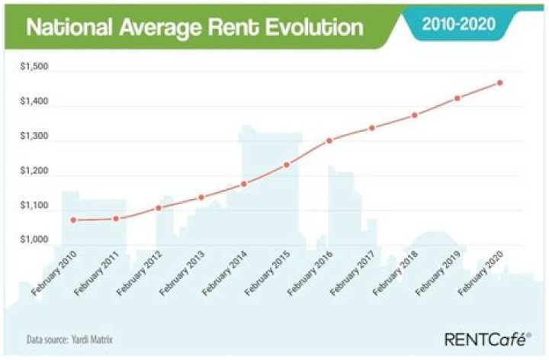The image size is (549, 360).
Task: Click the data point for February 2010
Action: click(x=74, y=220)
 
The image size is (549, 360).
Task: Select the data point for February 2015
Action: click(x=287, y=165)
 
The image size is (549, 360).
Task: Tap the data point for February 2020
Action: click(x=499, y=82)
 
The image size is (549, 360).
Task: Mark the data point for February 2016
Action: click(x=329, y=140)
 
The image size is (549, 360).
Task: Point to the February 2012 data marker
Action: click(x=159, y=207)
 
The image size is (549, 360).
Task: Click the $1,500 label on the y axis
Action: click(x=34, y=67)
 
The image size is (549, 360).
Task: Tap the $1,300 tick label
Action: click(x=34, y=137)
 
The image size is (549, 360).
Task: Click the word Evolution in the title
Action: click(x=312, y=28)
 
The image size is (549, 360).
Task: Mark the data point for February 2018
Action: click(x=415, y=115)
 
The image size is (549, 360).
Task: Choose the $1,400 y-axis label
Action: click(x=34, y=102)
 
